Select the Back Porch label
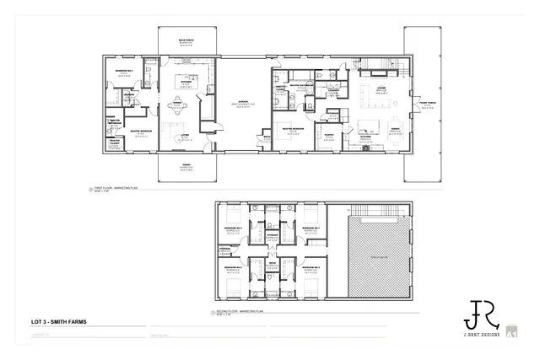click(x=186, y=40)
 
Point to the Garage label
click(x=241, y=100)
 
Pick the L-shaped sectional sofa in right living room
click(x=377, y=95)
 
